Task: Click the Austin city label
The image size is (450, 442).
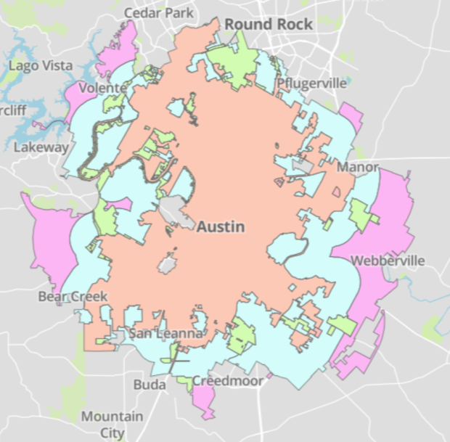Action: click(221, 226)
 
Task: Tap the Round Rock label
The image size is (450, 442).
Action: click(269, 24)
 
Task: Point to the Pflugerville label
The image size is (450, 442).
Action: click(311, 83)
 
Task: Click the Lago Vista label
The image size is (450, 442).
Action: click(41, 65)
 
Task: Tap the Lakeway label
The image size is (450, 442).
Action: click(41, 147)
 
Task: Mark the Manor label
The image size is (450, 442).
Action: click(358, 168)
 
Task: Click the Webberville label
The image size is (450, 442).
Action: click(382, 261)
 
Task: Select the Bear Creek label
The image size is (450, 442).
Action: click(73, 297)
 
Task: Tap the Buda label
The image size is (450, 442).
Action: click(150, 385)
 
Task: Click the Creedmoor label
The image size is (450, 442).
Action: click(227, 380)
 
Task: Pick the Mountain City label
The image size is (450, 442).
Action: click(112, 425)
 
